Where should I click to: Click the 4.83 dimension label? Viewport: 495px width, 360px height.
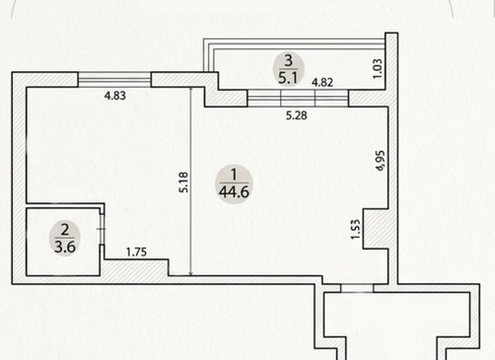[x=115, y=96]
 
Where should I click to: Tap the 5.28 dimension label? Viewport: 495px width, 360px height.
[x=297, y=115]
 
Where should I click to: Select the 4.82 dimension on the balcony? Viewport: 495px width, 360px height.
[x=322, y=82]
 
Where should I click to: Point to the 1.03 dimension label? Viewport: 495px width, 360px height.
[x=378, y=68]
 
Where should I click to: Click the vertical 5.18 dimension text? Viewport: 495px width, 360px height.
[x=183, y=182]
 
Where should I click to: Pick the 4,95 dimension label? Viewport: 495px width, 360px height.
[x=380, y=161]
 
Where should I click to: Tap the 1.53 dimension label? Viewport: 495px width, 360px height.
[x=356, y=229]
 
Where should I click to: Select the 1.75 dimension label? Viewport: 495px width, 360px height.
[x=136, y=252]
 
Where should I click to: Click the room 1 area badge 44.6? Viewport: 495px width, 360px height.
[x=234, y=184]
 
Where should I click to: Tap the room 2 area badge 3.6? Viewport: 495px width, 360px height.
[x=65, y=239]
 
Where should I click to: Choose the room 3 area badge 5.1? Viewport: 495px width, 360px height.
[x=288, y=69]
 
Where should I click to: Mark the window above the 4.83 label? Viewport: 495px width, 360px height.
[x=114, y=79]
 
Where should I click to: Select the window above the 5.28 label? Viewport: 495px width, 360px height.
[x=298, y=98]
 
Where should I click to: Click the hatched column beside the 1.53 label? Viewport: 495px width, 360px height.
[x=376, y=229]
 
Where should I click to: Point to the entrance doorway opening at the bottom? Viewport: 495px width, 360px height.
[x=357, y=288]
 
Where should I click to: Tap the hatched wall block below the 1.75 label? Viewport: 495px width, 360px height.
[x=136, y=267]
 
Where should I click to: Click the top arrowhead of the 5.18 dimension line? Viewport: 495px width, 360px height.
[x=191, y=90]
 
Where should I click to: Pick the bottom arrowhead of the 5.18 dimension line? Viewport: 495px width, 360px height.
[x=191, y=273]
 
